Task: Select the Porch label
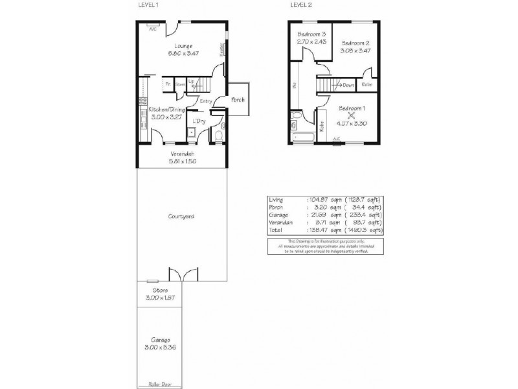click(238, 99)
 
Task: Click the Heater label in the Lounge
click(221, 50)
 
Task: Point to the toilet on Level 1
click(218, 135)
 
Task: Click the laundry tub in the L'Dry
click(192, 134)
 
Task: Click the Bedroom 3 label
click(311, 34)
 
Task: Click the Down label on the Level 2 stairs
click(348, 84)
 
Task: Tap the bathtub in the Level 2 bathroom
click(302, 137)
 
